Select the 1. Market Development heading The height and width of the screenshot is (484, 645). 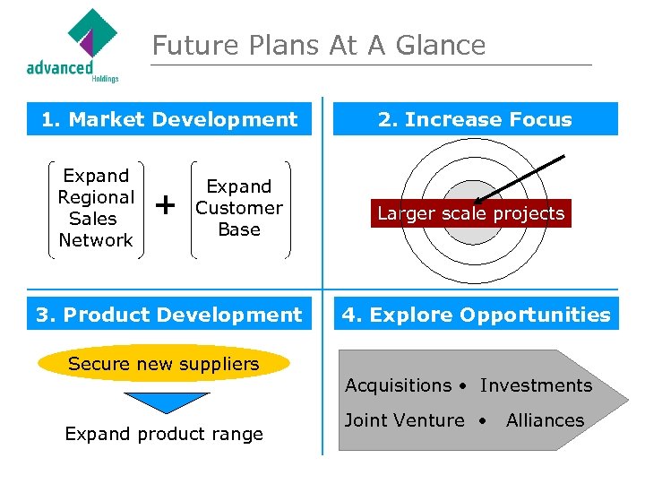tap(169, 119)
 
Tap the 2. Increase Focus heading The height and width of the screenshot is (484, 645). tap(475, 119)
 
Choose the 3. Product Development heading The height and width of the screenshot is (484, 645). tap(169, 315)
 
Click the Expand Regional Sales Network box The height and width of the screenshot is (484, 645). tap(96, 208)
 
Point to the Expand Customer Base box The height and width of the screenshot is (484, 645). tap(239, 208)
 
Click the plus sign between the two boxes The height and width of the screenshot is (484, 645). tap(166, 206)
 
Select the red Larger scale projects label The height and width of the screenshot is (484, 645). tap(471, 213)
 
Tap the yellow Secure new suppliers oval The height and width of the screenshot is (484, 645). tap(164, 364)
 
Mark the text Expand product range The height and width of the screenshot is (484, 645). tap(164, 434)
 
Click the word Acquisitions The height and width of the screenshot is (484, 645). tap(399, 385)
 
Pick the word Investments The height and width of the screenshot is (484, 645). tap(536, 385)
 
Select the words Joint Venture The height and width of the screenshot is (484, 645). tap(405, 420)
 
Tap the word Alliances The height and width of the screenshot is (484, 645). tap(545, 420)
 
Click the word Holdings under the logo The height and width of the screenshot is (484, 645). tap(105, 78)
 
